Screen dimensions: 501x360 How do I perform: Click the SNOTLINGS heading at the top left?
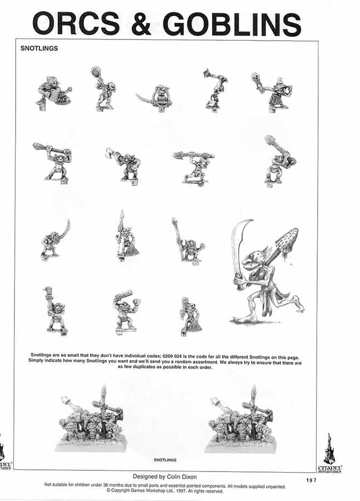[x=39, y=48]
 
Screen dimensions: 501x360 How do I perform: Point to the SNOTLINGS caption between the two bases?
[x=165, y=460]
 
